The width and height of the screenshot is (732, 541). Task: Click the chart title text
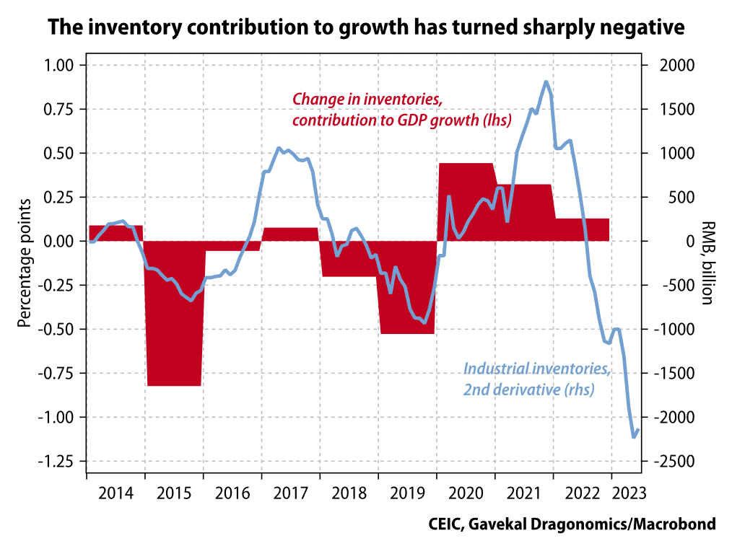365,28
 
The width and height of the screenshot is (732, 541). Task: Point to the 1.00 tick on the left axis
60,66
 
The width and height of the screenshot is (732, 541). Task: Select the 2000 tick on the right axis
676,66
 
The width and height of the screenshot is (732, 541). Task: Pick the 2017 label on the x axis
290,494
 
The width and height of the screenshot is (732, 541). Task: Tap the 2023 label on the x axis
625,494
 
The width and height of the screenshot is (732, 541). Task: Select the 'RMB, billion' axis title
707,263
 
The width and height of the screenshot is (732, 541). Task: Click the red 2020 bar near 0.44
466,202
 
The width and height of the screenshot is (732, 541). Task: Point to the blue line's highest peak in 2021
546,82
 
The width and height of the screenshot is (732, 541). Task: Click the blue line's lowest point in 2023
634,436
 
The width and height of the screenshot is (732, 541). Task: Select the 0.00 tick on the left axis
60,242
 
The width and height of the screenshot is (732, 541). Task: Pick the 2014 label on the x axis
116,494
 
